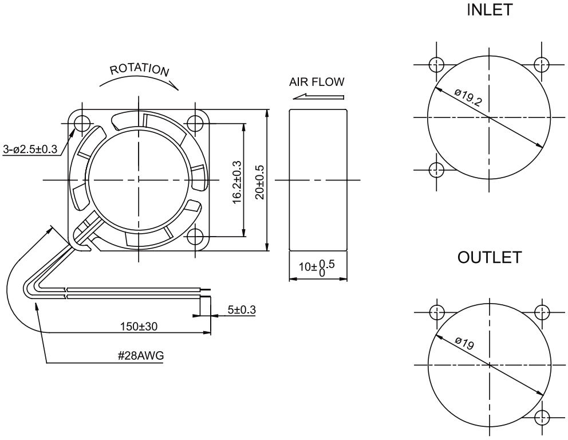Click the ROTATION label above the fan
tap(140, 70)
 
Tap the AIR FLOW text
tap(318, 82)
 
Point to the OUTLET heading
tap(489, 258)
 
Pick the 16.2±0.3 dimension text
tap(236, 179)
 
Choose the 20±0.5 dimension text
tap(258, 179)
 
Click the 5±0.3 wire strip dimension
tap(241, 310)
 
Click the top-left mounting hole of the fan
tap(81, 122)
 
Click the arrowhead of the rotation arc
tap(176, 86)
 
